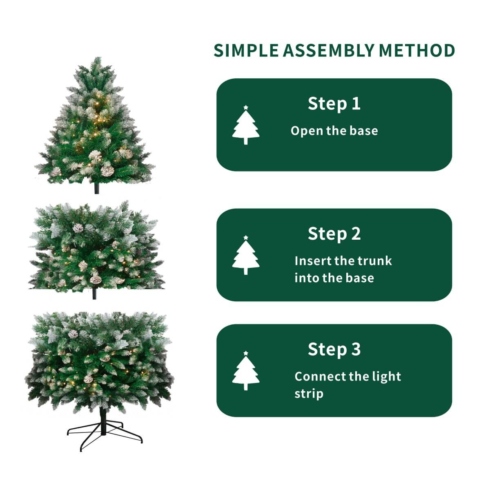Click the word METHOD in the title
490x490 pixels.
(417, 51)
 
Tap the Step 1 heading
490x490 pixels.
(334, 104)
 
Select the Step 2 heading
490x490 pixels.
(334, 234)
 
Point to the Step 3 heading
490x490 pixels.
(334, 350)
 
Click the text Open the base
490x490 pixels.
(334, 131)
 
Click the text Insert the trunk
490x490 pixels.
(343, 261)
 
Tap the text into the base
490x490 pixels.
(334, 278)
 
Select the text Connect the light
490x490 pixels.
(347, 376)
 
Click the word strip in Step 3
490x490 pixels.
(309, 394)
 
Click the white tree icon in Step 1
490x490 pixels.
(246, 126)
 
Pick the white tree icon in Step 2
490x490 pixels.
(246, 256)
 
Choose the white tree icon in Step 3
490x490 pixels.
(246, 371)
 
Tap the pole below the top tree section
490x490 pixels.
(97, 188)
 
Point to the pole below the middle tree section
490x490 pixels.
(94, 294)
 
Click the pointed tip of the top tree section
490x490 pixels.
(97, 59)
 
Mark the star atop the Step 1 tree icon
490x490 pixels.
(246, 107)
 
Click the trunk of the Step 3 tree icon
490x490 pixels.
(246, 386)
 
